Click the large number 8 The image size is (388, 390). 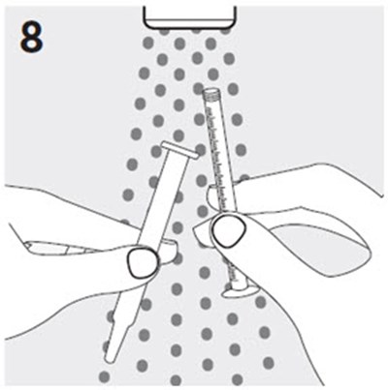tap(31, 38)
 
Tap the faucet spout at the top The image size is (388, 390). tap(190, 15)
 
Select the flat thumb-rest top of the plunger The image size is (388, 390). tap(179, 150)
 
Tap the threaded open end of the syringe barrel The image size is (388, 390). tap(211, 93)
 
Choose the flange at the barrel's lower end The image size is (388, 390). tap(240, 290)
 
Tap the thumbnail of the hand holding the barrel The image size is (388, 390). tap(229, 230)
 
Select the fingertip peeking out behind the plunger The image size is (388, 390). tap(169, 252)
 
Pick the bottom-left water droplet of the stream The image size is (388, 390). tap(104, 376)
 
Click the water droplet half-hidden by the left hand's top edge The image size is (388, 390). tap(124, 222)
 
